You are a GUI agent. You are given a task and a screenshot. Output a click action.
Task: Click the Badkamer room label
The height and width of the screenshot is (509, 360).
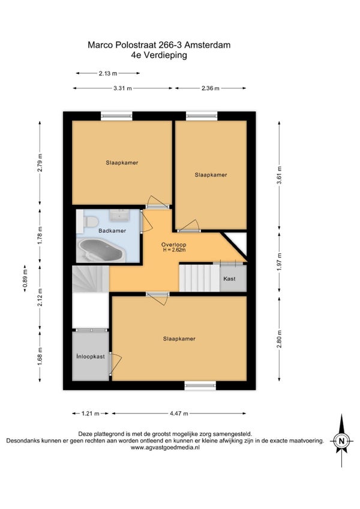click(x=112, y=231)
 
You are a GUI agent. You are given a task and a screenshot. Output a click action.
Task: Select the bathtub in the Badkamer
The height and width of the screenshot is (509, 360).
click(x=101, y=250)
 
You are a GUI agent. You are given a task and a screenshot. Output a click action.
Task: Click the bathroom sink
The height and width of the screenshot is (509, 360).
click(x=119, y=214)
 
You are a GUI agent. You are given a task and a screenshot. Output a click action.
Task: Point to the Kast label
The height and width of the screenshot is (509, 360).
click(x=229, y=279)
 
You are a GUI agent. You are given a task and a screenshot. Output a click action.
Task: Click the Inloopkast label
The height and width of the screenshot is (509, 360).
click(x=91, y=357)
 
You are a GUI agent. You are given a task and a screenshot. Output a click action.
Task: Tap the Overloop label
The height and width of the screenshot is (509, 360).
click(x=173, y=245)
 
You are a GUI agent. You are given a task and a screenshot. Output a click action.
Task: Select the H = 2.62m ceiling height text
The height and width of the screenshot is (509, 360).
click(x=175, y=250)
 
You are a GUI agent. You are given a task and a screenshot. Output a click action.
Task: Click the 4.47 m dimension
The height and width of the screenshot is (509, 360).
click(x=179, y=414)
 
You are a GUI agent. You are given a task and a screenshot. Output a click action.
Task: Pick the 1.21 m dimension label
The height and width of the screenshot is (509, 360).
click(x=90, y=414)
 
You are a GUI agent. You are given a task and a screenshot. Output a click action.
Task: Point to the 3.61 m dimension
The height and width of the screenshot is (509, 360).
click(x=279, y=175)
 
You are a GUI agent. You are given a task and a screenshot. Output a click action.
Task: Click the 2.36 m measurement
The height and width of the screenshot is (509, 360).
click(x=211, y=88)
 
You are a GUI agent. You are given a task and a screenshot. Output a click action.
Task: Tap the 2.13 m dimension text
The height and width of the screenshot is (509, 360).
click(x=108, y=73)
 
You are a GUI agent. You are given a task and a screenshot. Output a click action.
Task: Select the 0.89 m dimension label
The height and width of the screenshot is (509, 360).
click(x=25, y=278)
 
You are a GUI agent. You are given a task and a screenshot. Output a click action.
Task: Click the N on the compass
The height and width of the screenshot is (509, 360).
click(x=341, y=441)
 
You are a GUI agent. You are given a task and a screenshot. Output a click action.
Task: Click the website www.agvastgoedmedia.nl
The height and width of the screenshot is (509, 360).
click(x=165, y=447)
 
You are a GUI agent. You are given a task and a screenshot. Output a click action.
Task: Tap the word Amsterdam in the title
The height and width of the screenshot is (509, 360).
click(x=210, y=45)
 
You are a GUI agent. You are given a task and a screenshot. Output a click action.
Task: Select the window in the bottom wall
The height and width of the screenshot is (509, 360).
click(x=200, y=385)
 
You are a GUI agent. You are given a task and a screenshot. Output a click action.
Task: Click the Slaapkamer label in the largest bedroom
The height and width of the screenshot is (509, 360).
click(x=179, y=339)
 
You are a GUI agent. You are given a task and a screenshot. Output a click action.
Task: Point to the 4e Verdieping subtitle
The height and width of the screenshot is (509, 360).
click(x=159, y=55)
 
